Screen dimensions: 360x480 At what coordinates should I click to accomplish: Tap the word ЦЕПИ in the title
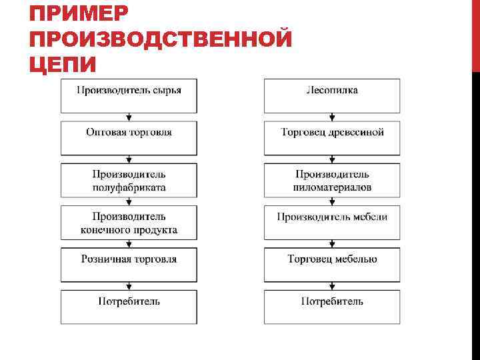coord(63,65)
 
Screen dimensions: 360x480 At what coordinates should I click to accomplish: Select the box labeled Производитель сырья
coord(129,95)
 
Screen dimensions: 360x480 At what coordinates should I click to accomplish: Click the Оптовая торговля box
coord(129,138)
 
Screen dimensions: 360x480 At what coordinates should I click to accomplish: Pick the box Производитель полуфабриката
coord(129,181)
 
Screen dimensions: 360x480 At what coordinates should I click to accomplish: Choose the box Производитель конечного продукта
coord(129,223)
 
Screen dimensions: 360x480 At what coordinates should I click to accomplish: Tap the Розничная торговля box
coord(129,265)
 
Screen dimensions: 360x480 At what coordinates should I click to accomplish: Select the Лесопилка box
coord(332,95)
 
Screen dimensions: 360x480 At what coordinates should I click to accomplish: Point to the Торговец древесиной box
coord(332,138)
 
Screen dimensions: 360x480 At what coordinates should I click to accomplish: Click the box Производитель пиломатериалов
coord(332,181)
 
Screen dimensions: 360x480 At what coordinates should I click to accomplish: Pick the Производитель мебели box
coord(332,223)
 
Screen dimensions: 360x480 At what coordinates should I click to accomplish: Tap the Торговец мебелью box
coord(332,265)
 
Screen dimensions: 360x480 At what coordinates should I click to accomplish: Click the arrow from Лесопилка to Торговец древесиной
coord(332,117)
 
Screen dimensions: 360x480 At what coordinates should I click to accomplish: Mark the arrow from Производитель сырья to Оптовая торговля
coord(129,117)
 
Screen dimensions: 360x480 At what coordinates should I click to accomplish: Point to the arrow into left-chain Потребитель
coord(129,286)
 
